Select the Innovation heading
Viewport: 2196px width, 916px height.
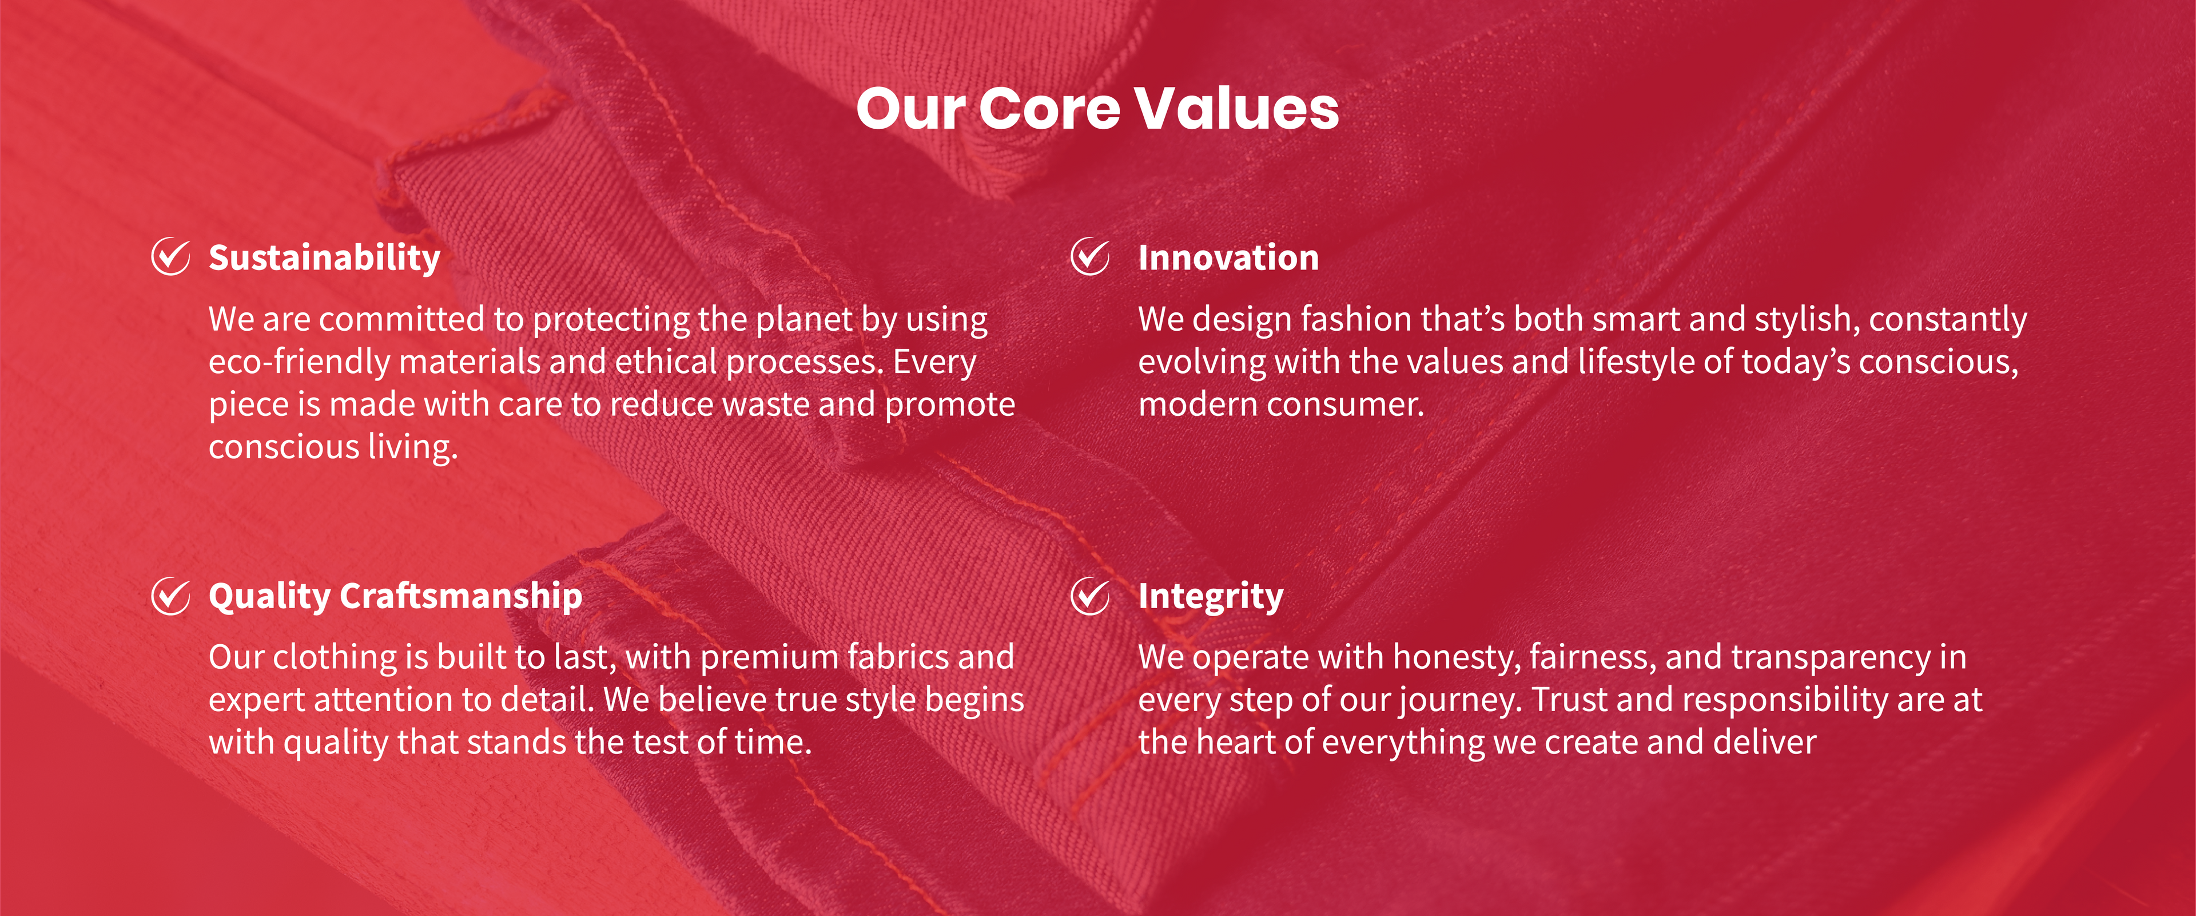tap(1228, 257)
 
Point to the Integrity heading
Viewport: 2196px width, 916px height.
tap(1211, 597)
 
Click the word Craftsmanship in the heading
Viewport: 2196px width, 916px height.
tap(461, 596)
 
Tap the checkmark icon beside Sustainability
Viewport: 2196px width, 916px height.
tap(170, 257)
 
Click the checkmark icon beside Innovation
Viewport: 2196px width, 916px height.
tap(1091, 257)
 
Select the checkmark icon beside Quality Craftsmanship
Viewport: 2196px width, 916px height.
tap(170, 596)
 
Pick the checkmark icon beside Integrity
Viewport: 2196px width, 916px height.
tap(1091, 596)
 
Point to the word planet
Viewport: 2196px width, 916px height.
tap(804, 320)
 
